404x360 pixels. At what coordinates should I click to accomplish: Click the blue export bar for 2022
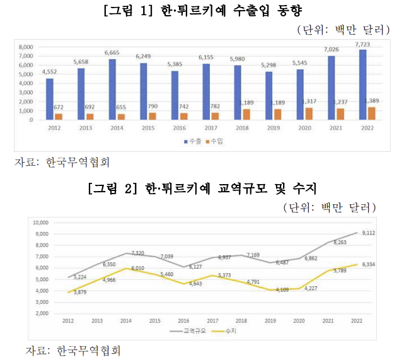363,84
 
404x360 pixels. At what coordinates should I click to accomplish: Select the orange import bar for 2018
246,114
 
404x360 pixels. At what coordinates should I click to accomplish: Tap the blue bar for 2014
112,90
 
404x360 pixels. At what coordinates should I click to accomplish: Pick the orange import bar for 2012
59,117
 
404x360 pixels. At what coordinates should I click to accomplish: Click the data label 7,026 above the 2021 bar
332,49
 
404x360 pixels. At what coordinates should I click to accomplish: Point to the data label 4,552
49,72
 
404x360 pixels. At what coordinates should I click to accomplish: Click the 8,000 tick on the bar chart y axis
26,47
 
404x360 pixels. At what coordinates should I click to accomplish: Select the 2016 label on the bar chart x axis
180,128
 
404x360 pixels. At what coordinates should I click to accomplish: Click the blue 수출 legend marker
186,141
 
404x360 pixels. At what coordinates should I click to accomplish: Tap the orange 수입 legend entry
214,141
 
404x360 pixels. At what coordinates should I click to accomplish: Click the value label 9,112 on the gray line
369,233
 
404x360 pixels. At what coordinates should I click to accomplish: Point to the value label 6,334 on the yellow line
369,264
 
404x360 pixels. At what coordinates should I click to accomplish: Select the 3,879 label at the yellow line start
80,293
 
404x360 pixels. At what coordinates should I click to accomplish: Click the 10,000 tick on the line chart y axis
41,223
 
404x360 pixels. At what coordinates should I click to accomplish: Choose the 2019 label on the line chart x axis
270,321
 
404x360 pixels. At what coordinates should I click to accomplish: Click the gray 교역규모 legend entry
188,331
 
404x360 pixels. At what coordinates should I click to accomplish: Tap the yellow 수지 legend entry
224,331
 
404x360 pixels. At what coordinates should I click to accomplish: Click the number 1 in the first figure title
144,11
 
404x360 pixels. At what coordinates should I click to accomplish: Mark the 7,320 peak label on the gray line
138,253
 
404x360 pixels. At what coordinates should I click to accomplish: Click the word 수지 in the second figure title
304,189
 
